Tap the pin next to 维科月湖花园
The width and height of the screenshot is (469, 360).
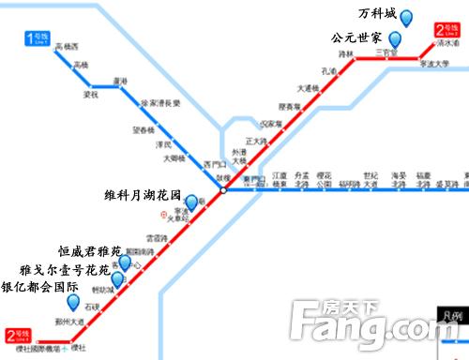(x=191, y=202)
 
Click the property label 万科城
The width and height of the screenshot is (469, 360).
(x=378, y=16)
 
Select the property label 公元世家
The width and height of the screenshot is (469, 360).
(x=356, y=38)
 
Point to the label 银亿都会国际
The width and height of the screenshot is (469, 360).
(x=39, y=287)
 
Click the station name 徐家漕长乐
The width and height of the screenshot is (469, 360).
(x=160, y=103)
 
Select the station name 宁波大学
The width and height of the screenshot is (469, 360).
(x=435, y=66)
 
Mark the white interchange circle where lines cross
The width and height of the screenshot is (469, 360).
(x=224, y=190)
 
